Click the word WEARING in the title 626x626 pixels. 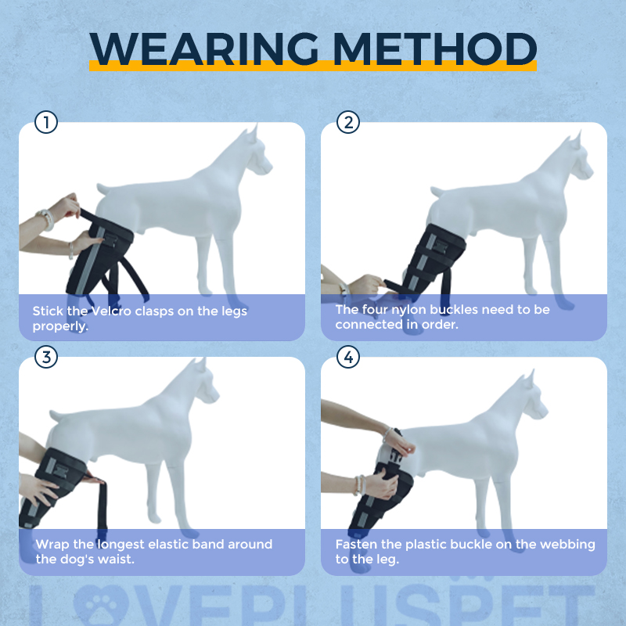204,49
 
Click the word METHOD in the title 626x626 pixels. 435,49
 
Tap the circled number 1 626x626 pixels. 46,122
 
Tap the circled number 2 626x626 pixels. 348,122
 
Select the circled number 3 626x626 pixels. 46,357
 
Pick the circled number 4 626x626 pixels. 348,357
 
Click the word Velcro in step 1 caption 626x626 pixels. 111,311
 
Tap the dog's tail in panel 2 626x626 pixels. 437,192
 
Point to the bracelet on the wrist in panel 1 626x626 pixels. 47,219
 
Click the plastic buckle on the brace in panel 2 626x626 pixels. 441,246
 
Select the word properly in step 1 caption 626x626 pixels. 60,326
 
